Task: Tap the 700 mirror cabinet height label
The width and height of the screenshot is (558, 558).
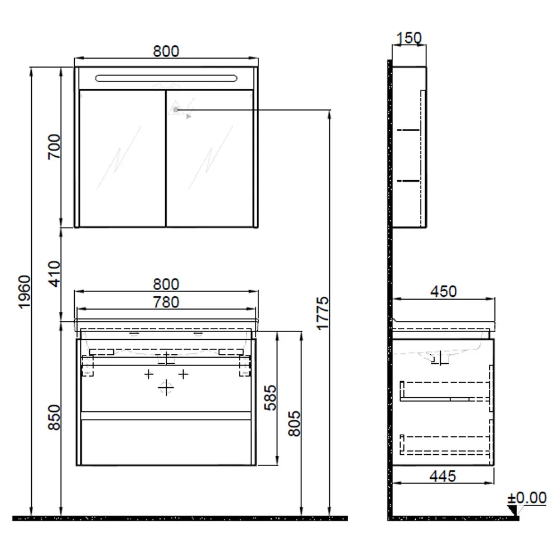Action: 55,147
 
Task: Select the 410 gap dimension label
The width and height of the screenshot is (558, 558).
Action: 55,273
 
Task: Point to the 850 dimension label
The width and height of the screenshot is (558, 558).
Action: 55,417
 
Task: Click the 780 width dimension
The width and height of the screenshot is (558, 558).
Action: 166,302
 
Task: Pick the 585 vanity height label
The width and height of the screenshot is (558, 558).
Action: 271,397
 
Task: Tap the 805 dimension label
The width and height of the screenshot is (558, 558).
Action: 294,424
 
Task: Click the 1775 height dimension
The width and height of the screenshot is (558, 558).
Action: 323,313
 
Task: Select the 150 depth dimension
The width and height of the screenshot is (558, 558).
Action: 409,38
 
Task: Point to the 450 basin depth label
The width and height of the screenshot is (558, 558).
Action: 444,291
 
